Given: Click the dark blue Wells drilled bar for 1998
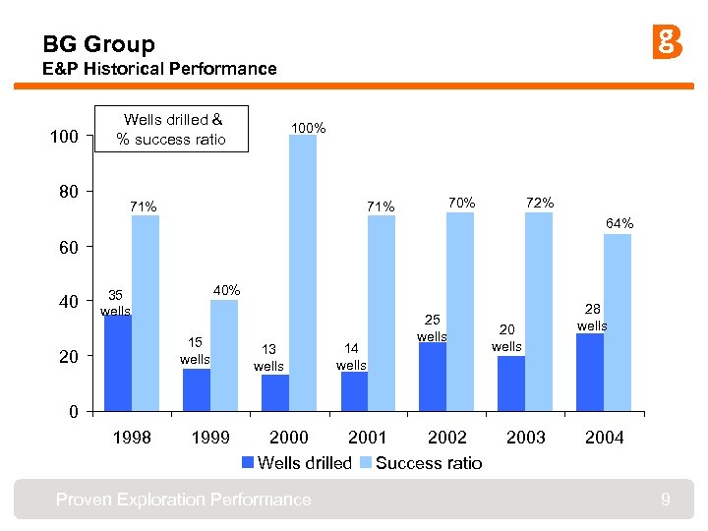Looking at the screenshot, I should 118,362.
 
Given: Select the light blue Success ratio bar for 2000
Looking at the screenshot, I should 303,272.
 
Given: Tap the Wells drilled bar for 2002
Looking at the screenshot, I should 433,376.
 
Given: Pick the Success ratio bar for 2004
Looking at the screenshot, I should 618,322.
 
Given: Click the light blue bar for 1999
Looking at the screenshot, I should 224,355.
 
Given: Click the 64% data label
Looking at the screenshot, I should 619,224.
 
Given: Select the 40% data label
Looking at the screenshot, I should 227,290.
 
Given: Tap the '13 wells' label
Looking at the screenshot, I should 268,358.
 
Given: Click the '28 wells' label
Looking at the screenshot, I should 592,318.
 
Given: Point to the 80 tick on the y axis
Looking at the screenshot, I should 67,191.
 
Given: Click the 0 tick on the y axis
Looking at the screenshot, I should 74,412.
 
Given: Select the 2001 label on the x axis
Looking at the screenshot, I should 368,438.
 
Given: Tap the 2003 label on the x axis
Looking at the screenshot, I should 526,438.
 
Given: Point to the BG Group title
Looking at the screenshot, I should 98,44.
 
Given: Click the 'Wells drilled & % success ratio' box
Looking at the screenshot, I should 171,129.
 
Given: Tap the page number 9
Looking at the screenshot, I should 666,501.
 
